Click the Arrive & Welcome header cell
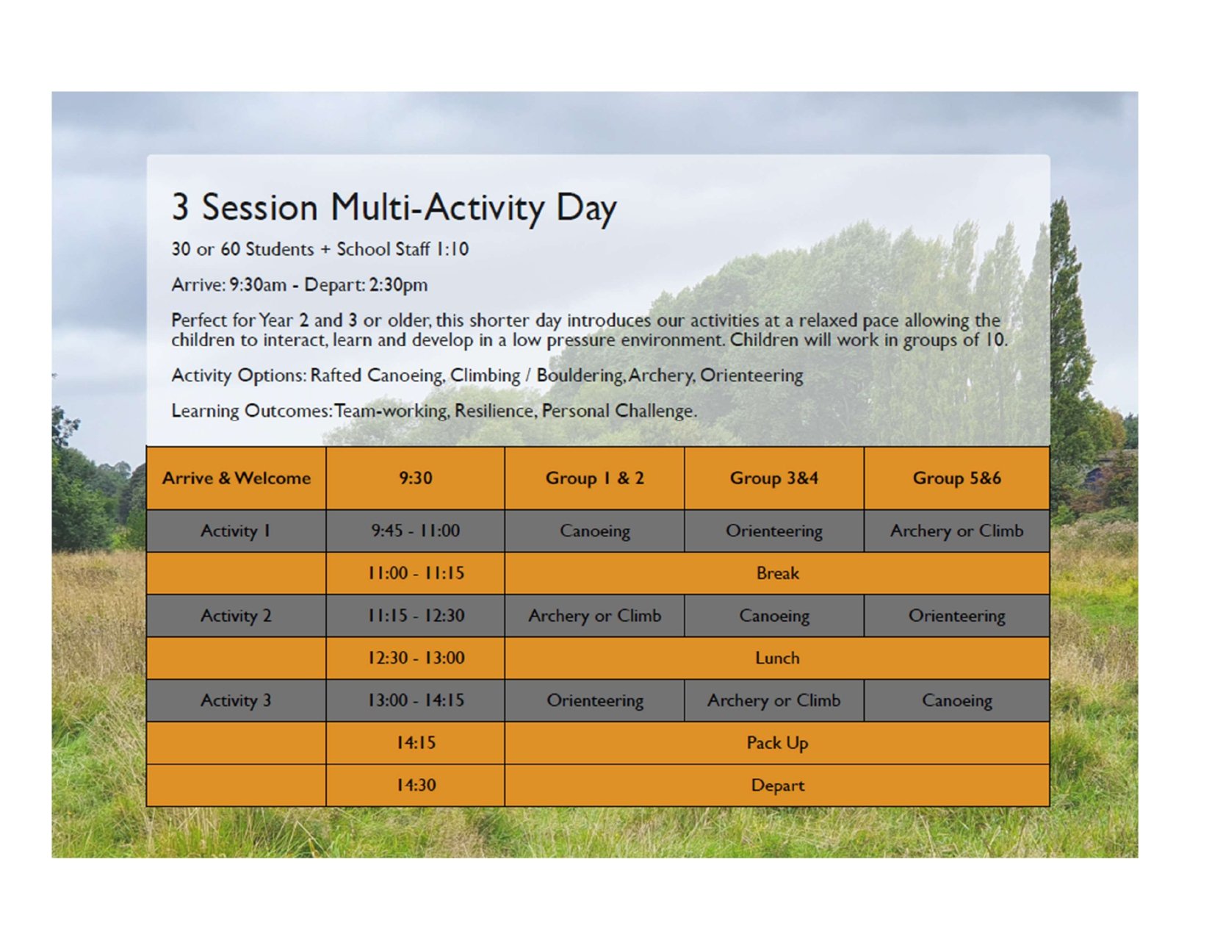[x=236, y=478]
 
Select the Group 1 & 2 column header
[x=594, y=478]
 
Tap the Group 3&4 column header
[x=773, y=478]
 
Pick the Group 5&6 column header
[x=956, y=478]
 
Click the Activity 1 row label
[x=236, y=531]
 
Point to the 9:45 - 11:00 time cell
[x=415, y=531]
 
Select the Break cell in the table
[x=777, y=573]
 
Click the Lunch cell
[x=777, y=658]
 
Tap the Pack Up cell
[x=777, y=743]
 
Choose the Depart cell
[x=777, y=786]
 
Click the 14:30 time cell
[x=415, y=786]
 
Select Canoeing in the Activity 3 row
[x=956, y=701]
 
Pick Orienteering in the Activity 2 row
[x=956, y=616]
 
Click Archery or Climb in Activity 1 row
[x=956, y=531]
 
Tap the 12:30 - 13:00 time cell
[x=415, y=658]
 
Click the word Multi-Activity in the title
[x=437, y=208]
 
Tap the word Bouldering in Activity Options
[x=580, y=376]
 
